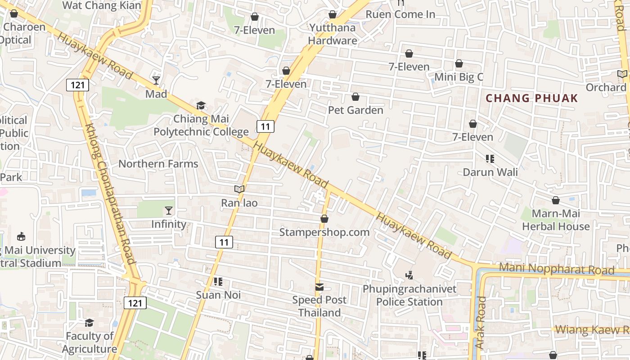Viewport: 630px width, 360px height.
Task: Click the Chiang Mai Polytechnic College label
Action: click(201, 126)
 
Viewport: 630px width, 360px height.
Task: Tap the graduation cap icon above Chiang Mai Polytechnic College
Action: click(201, 106)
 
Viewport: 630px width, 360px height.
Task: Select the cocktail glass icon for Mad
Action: click(156, 81)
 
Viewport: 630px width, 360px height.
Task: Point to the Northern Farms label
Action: click(158, 164)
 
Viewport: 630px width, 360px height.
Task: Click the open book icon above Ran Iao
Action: click(239, 189)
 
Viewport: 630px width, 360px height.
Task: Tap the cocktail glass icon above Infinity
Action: click(169, 211)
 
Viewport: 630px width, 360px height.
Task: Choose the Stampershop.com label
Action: click(324, 232)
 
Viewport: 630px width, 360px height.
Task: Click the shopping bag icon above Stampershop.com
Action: click(324, 219)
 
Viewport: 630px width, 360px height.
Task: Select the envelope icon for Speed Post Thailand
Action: click(319, 287)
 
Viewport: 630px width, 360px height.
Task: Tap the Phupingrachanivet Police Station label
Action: click(409, 295)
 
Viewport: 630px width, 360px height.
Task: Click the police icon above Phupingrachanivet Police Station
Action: click(409, 275)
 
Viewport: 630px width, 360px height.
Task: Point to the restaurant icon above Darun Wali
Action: click(490, 159)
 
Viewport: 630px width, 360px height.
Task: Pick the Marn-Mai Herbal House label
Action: click(556, 220)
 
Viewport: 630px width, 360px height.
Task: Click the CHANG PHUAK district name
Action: click(532, 99)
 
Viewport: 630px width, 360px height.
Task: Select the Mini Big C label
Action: click(459, 77)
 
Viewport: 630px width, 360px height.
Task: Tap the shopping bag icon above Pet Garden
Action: click(355, 97)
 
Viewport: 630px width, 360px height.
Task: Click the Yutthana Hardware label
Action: click(333, 34)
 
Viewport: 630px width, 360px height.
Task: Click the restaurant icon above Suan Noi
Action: click(218, 282)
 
